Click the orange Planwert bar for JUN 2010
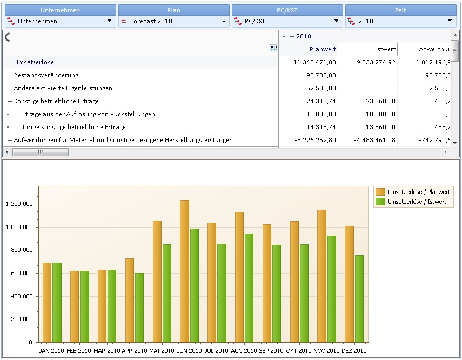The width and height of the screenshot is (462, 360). coord(184,271)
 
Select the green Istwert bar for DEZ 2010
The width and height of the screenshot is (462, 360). coord(359,299)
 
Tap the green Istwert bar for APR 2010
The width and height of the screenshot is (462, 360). coord(139,308)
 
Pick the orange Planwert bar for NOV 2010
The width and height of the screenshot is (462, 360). coord(322,276)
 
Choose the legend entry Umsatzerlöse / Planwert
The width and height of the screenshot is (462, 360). coord(413,192)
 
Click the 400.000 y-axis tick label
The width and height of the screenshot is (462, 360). coord(22,296)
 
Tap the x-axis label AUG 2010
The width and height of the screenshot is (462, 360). coord(244,351)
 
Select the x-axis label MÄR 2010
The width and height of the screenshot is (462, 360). coord(106,351)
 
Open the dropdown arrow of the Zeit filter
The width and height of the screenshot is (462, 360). coord(450,21)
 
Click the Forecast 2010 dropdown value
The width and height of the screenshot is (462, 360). coord(151,21)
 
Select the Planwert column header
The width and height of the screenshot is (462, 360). coord(323,49)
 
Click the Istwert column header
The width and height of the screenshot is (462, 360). coord(385,49)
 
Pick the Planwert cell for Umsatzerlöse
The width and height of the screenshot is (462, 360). coord(314,62)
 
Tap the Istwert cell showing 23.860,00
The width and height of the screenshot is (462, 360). coord(381,101)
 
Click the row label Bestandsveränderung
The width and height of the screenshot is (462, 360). coord(46,75)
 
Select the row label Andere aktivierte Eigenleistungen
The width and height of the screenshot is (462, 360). coord(63,88)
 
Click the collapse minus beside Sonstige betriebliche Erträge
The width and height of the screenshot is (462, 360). coord(10,102)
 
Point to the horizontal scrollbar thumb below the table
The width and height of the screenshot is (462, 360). coord(41,152)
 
